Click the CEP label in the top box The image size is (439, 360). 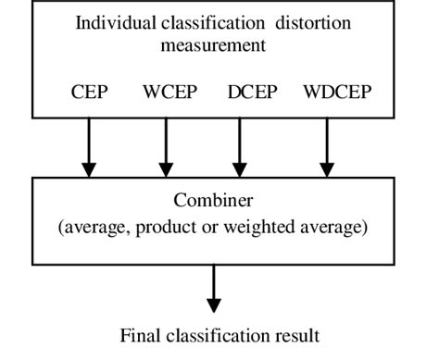(x=88, y=93)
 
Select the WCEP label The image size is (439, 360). (x=168, y=93)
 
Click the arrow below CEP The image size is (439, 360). (x=89, y=148)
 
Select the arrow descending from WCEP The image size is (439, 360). (x=168, y=148)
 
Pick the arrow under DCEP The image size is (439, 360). (x=242, y=148)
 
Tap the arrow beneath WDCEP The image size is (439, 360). (x=326, y=148)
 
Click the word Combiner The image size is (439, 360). (x=212, y=201)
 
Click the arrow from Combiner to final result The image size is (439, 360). (x=214, y=289)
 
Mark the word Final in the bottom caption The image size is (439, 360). (x=139, y=335)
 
